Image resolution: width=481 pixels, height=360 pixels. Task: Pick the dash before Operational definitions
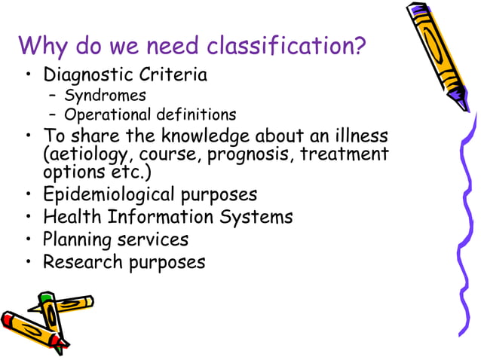52,115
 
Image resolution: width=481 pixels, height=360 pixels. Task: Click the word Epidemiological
109,194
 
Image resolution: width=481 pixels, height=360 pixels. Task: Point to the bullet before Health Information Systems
28,218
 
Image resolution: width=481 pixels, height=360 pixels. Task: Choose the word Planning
76,240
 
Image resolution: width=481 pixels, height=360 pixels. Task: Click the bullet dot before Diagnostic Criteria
28,77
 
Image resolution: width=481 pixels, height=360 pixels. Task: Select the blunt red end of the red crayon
8,320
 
